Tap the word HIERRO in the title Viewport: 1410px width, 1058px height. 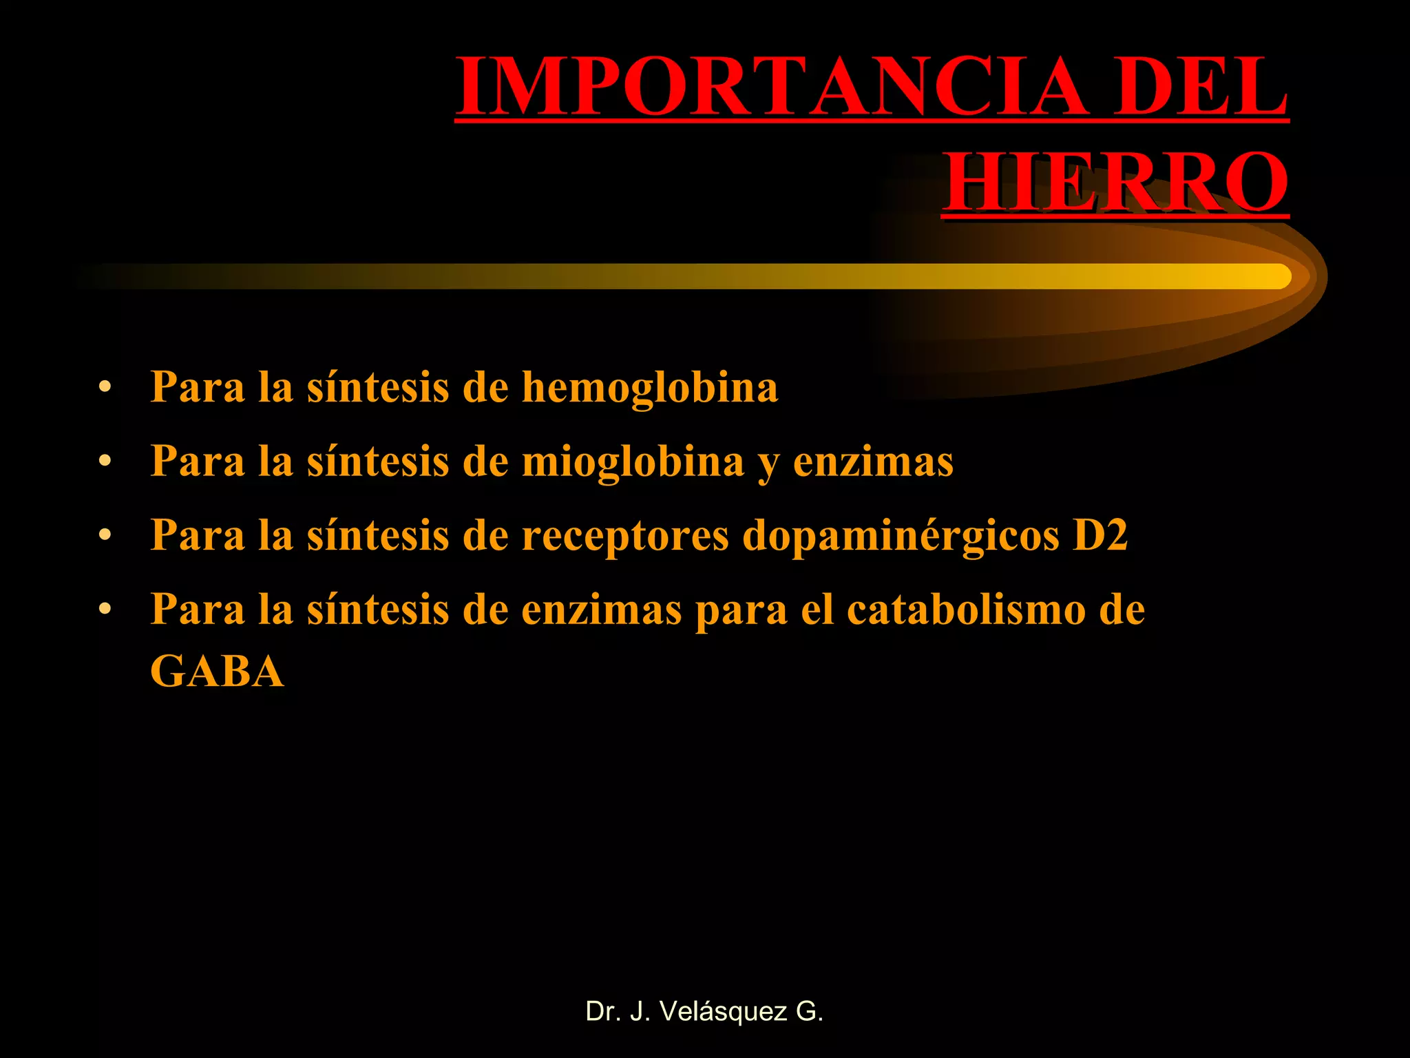(x=1115, y=183)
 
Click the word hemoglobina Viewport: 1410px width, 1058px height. (x=650, y=387)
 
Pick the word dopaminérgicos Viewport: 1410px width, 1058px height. (x=901, y=536)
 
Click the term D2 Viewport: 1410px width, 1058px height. (x=1100, y=535)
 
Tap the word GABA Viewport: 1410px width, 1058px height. (x=217, y=672)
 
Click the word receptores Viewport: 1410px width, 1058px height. (x=625, y=536)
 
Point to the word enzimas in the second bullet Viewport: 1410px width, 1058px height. (x=873, y=461)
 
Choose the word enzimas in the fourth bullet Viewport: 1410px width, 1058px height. (x=602, y=610)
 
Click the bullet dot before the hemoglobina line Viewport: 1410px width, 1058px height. (x=105, y=387)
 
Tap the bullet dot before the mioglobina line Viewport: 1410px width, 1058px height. (x=105, y=461)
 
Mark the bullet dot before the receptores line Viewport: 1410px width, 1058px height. (x=105, y=535)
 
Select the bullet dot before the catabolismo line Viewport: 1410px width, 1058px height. (x=105, y=610)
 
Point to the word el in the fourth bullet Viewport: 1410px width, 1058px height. (x=817, y=610)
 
